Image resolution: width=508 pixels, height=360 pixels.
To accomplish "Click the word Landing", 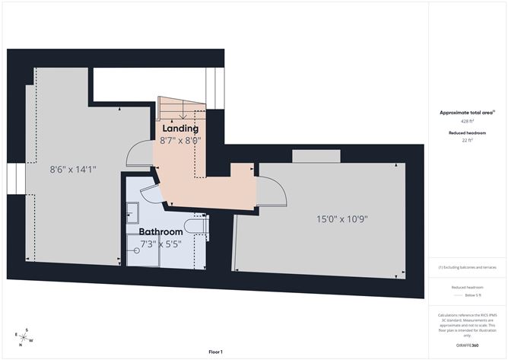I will pos(180,129).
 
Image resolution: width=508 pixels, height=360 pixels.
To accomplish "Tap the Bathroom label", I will pos(160,231).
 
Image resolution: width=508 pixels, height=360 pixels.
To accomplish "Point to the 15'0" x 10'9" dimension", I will pos(342,219).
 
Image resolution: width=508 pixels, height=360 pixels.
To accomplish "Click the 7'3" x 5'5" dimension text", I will pos(161,244).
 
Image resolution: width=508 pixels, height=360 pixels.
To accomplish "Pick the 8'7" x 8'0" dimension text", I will pos(180,140).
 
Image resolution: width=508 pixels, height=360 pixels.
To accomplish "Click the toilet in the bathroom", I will pos(196,225).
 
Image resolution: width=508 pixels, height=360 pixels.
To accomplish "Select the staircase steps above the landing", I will pos(182,110).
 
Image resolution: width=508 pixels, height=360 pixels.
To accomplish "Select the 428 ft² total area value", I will pos(467,121).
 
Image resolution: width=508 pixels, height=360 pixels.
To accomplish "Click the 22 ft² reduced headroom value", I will pos(467,140).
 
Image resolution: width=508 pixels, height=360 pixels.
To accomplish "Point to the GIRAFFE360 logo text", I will pos(467,346).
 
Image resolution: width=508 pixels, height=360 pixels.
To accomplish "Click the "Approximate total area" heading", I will pos(466,113).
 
